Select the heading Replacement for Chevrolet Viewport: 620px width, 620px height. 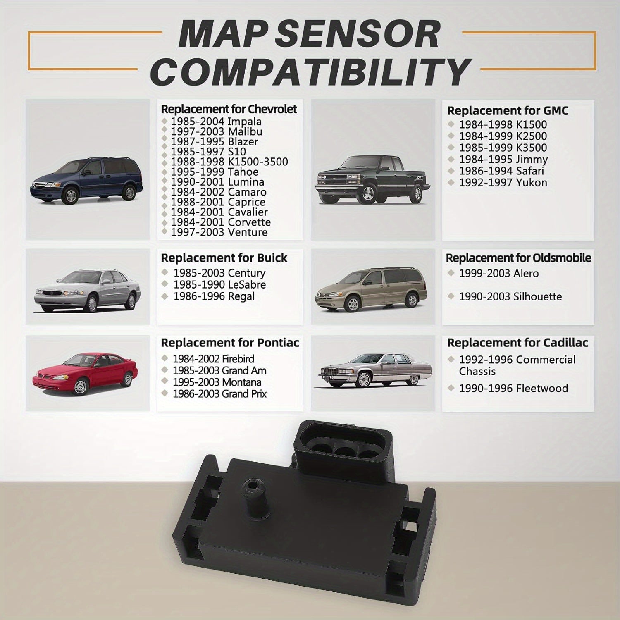coord(229,109)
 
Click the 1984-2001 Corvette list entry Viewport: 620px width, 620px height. coord(220,222)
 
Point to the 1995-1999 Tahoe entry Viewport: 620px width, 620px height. coord(214,172)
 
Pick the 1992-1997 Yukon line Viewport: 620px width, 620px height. coord(503,183)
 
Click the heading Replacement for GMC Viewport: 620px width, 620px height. coord(508,111)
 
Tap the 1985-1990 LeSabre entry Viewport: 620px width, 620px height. coord(219,285)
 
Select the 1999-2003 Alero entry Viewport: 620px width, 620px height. coord(498,273)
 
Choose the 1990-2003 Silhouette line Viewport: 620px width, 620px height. coord(510,297)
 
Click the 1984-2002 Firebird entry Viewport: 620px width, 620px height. coord(213,359)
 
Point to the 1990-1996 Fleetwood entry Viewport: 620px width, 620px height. coord(513,388)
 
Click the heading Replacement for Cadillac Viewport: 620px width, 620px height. coord(517,343)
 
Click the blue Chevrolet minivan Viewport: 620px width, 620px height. coord(86,180)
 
